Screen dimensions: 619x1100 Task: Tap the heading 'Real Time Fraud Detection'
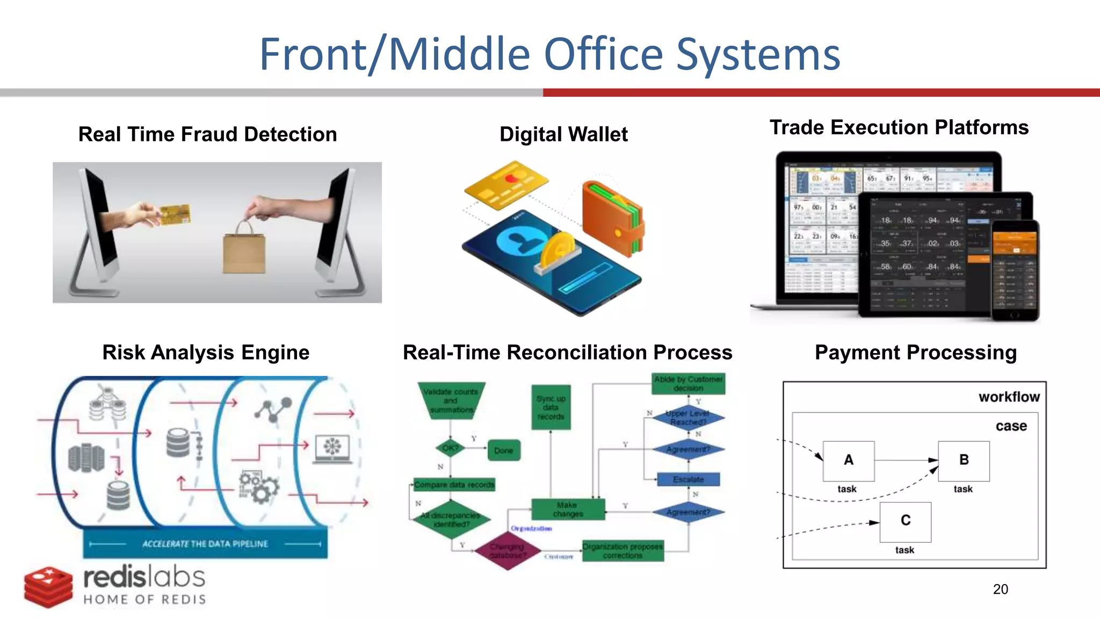[x=207, y=134]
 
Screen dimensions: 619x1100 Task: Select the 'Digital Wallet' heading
[x=563, y=134]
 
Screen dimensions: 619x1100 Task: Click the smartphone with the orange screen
[x=1015, y=270]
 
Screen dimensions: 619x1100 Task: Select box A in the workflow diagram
[x=848, y=460]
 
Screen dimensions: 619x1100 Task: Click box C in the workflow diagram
[x=905, y=521]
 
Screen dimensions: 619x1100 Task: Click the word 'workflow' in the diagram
[x=1009, y=397]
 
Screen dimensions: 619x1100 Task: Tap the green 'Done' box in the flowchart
[x=503, y=450]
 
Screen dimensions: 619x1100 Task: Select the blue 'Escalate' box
[x=688, y=479]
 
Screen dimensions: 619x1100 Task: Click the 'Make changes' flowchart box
[x=568, y=509]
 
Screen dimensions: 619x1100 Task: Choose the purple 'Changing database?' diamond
[x=508, y=550]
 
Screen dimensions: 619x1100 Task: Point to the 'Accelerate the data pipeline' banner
[x=205, y=544]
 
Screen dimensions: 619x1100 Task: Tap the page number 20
[x=1000, y=589]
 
